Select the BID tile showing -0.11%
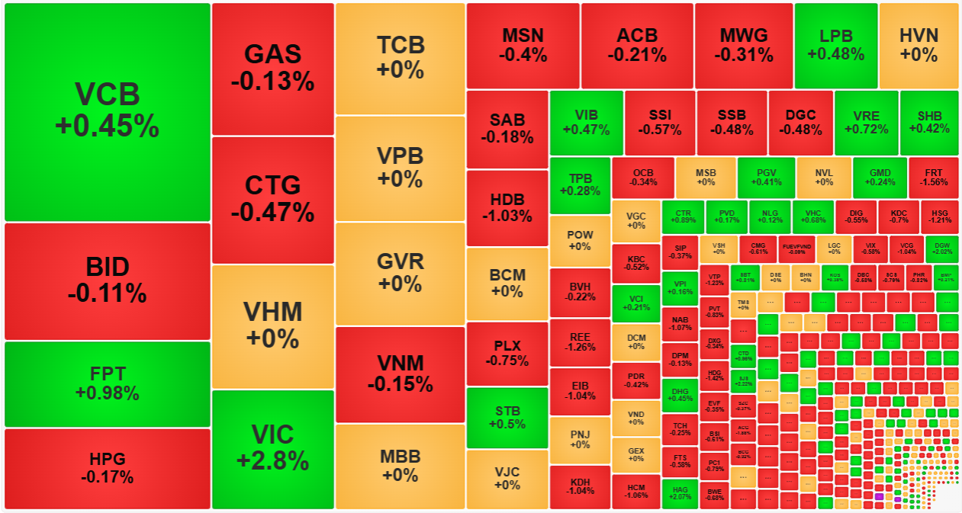point(107,281)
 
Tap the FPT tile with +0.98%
point(107,383)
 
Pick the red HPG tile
point(107,468)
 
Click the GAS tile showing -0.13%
point(272,68)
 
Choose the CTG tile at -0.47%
point(272,199)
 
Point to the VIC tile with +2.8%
point(272,448)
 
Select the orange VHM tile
point(272,325)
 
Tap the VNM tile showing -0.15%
point(399,374)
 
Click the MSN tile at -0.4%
point(523,45)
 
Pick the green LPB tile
point(835,45)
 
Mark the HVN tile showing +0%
point(918,45)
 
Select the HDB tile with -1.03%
point(507,207)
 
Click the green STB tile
point(507,418)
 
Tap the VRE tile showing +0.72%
point(866,122)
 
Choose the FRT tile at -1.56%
point(933,177)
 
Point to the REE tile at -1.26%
point(580,341)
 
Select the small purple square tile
point(879,497)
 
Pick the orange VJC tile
point(507,479)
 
